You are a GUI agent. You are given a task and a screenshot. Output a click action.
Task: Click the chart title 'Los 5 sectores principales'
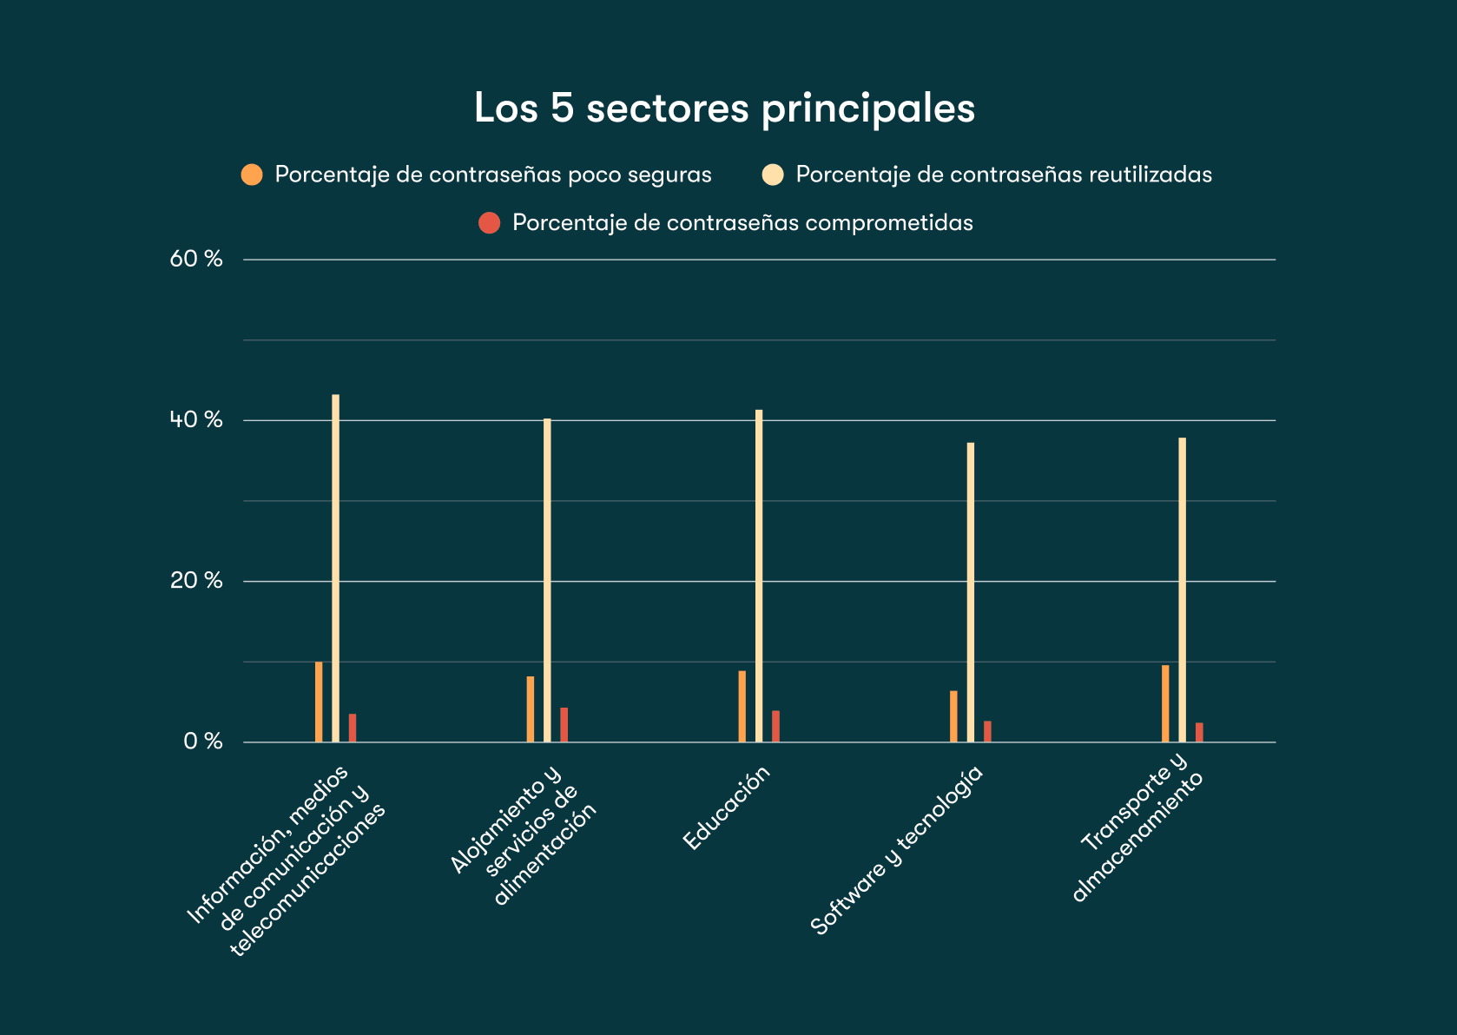(724, 109)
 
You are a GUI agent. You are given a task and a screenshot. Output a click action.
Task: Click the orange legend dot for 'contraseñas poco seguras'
(252, 175)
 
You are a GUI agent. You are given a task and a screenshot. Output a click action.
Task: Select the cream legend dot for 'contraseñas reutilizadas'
(773, 175)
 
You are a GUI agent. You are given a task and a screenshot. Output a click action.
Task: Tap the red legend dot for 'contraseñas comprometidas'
(490, 223)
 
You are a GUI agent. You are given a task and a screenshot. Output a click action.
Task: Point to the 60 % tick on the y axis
(196, 259)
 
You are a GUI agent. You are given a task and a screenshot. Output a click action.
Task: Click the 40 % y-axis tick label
(196, 420)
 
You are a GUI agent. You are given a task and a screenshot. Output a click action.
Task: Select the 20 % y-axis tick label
(196, 581)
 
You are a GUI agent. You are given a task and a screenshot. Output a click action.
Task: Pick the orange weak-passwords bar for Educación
(742, 706)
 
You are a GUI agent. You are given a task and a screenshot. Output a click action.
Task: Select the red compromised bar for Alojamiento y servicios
(564, 725)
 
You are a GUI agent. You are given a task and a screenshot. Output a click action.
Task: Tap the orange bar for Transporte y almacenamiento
(1165, 703)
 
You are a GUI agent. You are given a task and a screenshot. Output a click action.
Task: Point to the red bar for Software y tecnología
(987, 731)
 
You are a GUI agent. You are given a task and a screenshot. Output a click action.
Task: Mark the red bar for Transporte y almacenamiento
(1199, 732)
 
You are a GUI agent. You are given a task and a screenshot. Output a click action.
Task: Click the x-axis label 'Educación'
(727, 808)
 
